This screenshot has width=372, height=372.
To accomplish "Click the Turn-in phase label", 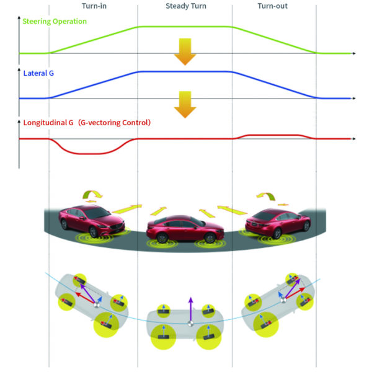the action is (94, 6).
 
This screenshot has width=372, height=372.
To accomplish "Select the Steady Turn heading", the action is (186, 6).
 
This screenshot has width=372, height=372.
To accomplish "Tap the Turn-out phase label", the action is (273, 6).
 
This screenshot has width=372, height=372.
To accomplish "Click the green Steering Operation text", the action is (55, 21).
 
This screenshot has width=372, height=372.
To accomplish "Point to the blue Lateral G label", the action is (38, 73).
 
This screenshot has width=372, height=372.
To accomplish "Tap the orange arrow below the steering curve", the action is (185, 51).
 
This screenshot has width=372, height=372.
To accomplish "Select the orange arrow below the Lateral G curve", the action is (185, 105).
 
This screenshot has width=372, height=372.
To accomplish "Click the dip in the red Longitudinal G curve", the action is (92, 154).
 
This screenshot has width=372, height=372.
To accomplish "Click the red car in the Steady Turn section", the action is (185, 229).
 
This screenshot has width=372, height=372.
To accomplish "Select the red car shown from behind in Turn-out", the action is (278, 223).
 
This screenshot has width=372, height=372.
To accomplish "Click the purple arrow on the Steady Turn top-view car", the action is (191, 309).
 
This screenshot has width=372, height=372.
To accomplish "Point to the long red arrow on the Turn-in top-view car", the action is (86, 298).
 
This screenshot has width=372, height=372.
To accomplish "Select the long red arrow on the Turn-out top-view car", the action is (295, 293).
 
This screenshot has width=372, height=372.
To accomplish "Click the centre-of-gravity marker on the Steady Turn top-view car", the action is (190, 324).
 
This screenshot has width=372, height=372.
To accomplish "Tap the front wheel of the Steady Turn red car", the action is (210, 237).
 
